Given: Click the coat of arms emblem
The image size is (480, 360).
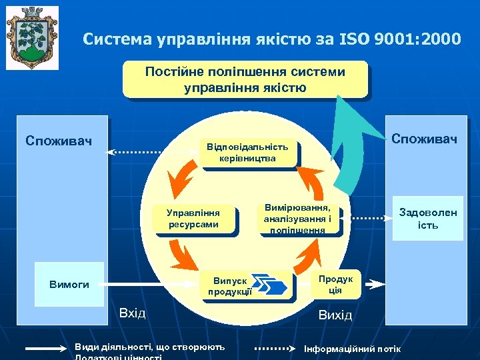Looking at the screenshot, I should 31,37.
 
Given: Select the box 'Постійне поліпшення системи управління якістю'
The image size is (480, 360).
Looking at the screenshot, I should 245,79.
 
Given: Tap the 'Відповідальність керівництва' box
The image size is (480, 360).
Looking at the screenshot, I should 247,153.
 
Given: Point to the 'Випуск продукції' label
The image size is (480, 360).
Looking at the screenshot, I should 229,285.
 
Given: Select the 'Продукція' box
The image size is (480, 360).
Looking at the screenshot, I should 335,285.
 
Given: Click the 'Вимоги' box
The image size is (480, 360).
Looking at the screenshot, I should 69,284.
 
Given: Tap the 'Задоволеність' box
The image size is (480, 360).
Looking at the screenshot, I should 428,219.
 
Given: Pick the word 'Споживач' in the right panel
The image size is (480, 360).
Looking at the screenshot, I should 424,139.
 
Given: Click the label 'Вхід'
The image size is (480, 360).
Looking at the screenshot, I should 132,313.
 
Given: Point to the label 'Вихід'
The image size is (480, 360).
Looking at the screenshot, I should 335,314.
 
